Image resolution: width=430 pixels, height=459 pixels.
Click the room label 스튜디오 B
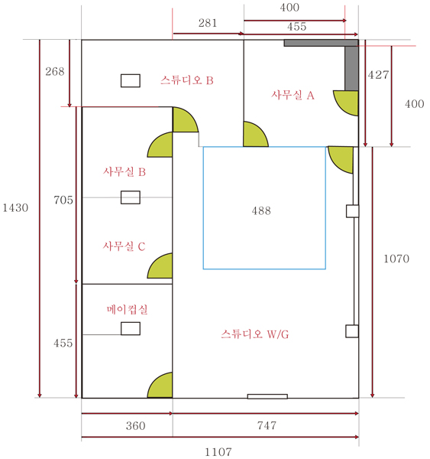click(x=187, y=80)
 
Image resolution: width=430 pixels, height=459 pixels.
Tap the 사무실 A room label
click(x=293, y=95)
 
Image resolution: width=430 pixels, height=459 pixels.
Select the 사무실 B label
click(x=124, y=171)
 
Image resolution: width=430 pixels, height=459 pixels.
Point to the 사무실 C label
click(x=124, y=246)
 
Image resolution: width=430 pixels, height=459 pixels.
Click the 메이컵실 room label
click(x=127, y=309)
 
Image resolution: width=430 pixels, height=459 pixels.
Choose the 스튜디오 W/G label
click(x=255, y=334)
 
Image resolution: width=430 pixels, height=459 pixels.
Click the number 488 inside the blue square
click(x=261, y=210)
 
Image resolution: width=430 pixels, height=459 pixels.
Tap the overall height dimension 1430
click(x=15, y=208)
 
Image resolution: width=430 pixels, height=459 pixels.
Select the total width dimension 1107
click(x=218, y=452)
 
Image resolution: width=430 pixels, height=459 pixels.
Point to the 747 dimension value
click(x=267, y=425)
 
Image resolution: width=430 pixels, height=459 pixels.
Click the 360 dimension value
click(x=136, y=425)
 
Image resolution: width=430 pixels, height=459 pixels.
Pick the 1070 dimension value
click(x=396, y=259)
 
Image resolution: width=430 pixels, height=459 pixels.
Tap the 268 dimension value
click(x=55, y=71)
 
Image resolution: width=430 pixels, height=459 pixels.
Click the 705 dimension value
click(x=63, y=200)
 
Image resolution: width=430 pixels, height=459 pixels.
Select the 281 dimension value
click(x=208, y=23)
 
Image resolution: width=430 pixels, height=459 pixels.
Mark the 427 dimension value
click(x=378, y=75)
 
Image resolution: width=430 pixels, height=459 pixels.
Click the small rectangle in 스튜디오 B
click(x=131, y=81)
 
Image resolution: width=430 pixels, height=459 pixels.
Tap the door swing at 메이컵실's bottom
click(x=160, y=385)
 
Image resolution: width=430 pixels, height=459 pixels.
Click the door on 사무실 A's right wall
click(x=346, y=103)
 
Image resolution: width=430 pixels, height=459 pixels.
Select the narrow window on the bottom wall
click(x=267, y=396)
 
